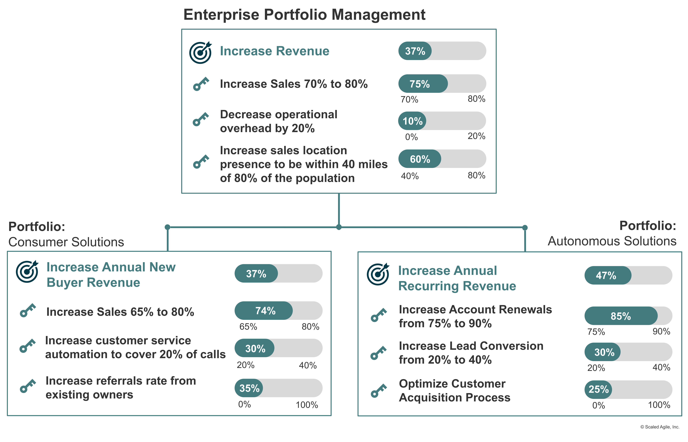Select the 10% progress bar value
point(412,121)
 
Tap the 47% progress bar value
point(606,276)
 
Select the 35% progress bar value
point(249,388)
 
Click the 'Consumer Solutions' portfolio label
point(66,242)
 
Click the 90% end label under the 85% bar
point(661,331)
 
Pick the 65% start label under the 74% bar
point(248,327)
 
